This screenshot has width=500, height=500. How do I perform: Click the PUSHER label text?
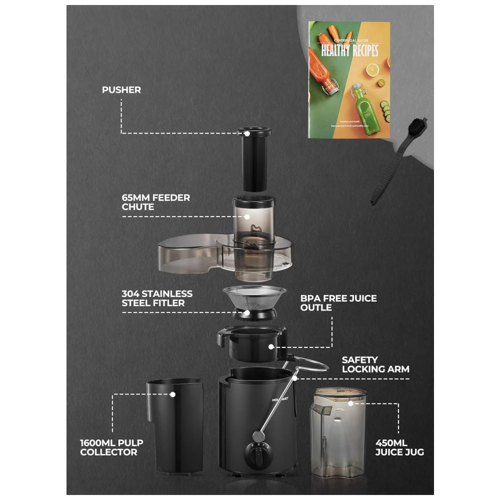[x=121, y=90]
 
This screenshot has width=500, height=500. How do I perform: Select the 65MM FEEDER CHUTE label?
[x=156, y=202]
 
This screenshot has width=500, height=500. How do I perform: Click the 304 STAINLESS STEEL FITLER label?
[x=157, y=298]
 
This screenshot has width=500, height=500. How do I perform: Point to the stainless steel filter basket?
[x=254, y=300]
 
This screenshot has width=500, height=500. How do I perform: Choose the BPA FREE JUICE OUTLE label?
[x=338, y=302]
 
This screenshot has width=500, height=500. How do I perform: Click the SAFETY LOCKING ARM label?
[x=375, y=364]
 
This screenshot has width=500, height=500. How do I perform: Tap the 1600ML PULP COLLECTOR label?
[x=108, y=447]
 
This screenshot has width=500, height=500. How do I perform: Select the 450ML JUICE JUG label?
[x=399, y=447]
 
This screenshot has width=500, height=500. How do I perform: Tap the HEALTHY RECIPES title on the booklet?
[x=349, y=50]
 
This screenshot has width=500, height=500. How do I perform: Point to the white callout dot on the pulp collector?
[x=172, y=394]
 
